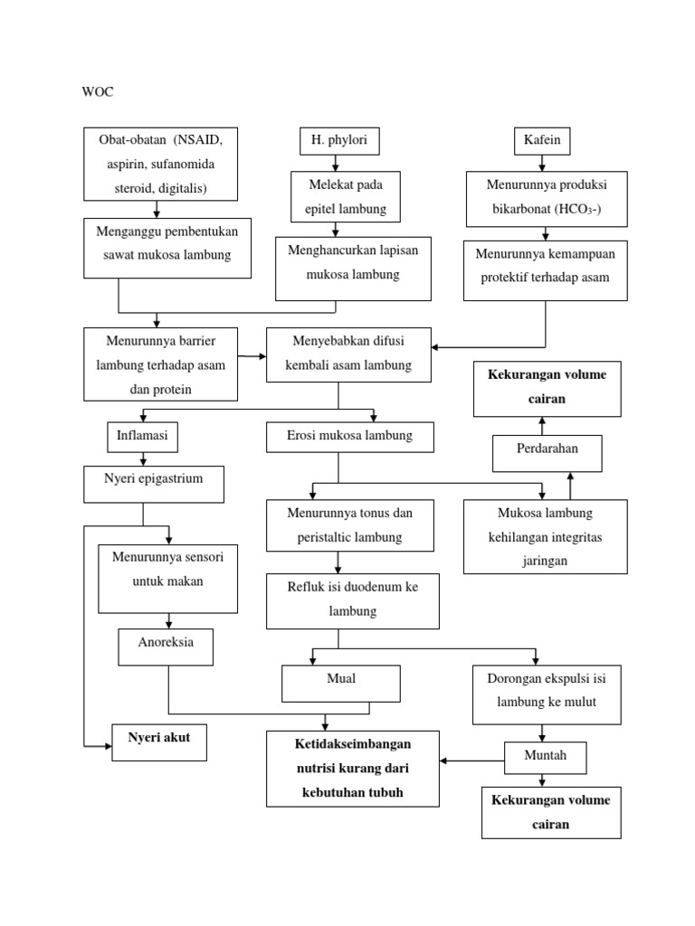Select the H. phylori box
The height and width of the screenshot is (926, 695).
(x=338, y=140)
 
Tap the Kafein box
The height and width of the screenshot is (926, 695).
(x=542, y=140)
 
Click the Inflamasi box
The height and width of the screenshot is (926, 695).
(x=142, y=436)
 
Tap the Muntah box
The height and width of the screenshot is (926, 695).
(x=545, y=756)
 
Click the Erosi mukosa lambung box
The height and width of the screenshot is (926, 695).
(x=349, y=437)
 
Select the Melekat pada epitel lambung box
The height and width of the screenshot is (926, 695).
(x=338, y=197)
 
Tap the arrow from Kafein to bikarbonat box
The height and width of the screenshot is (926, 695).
(x=542, y=164)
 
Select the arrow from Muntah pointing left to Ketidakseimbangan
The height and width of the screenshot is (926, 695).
(x=471, y=760)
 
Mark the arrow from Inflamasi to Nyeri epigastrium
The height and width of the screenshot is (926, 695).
(x=142, y=458)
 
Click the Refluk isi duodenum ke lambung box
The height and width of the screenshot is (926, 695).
(x=353, y=600)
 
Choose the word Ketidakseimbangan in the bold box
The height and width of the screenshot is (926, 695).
(x=352, y=744)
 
